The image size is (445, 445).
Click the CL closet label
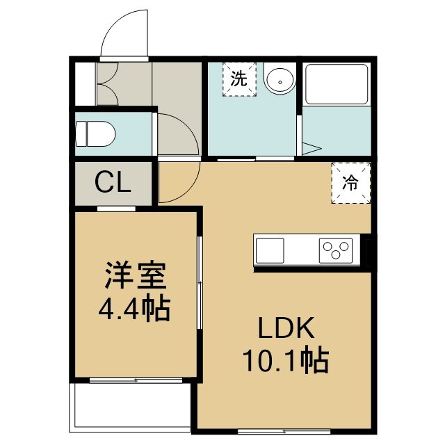pyautogui.click(x=113, y=182)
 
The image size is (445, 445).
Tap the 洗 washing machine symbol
pyautogui.click(x=239, y=79)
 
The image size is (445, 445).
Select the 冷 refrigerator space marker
pyautogui.click(x=351, y=183)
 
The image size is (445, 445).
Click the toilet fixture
pyautogui.click(x=95, y=133)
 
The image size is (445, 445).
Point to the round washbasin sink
pyautogui.click(x=280, y=81)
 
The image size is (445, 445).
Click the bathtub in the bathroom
pyautogui.click(x=337, y=84)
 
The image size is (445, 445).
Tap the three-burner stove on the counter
pyautogui.click(x=336, y=250)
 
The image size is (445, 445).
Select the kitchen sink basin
pyautogui.click(x=270, y=250)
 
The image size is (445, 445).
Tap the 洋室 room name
pyautogui.click(x=135, y=275)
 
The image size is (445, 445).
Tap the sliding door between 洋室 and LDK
pyautogui.click(x=200, y=282)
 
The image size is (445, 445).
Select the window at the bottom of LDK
pyautogui.click(x=284, y=432)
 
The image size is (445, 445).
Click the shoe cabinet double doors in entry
pyautogui.click(x=107, y=84)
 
